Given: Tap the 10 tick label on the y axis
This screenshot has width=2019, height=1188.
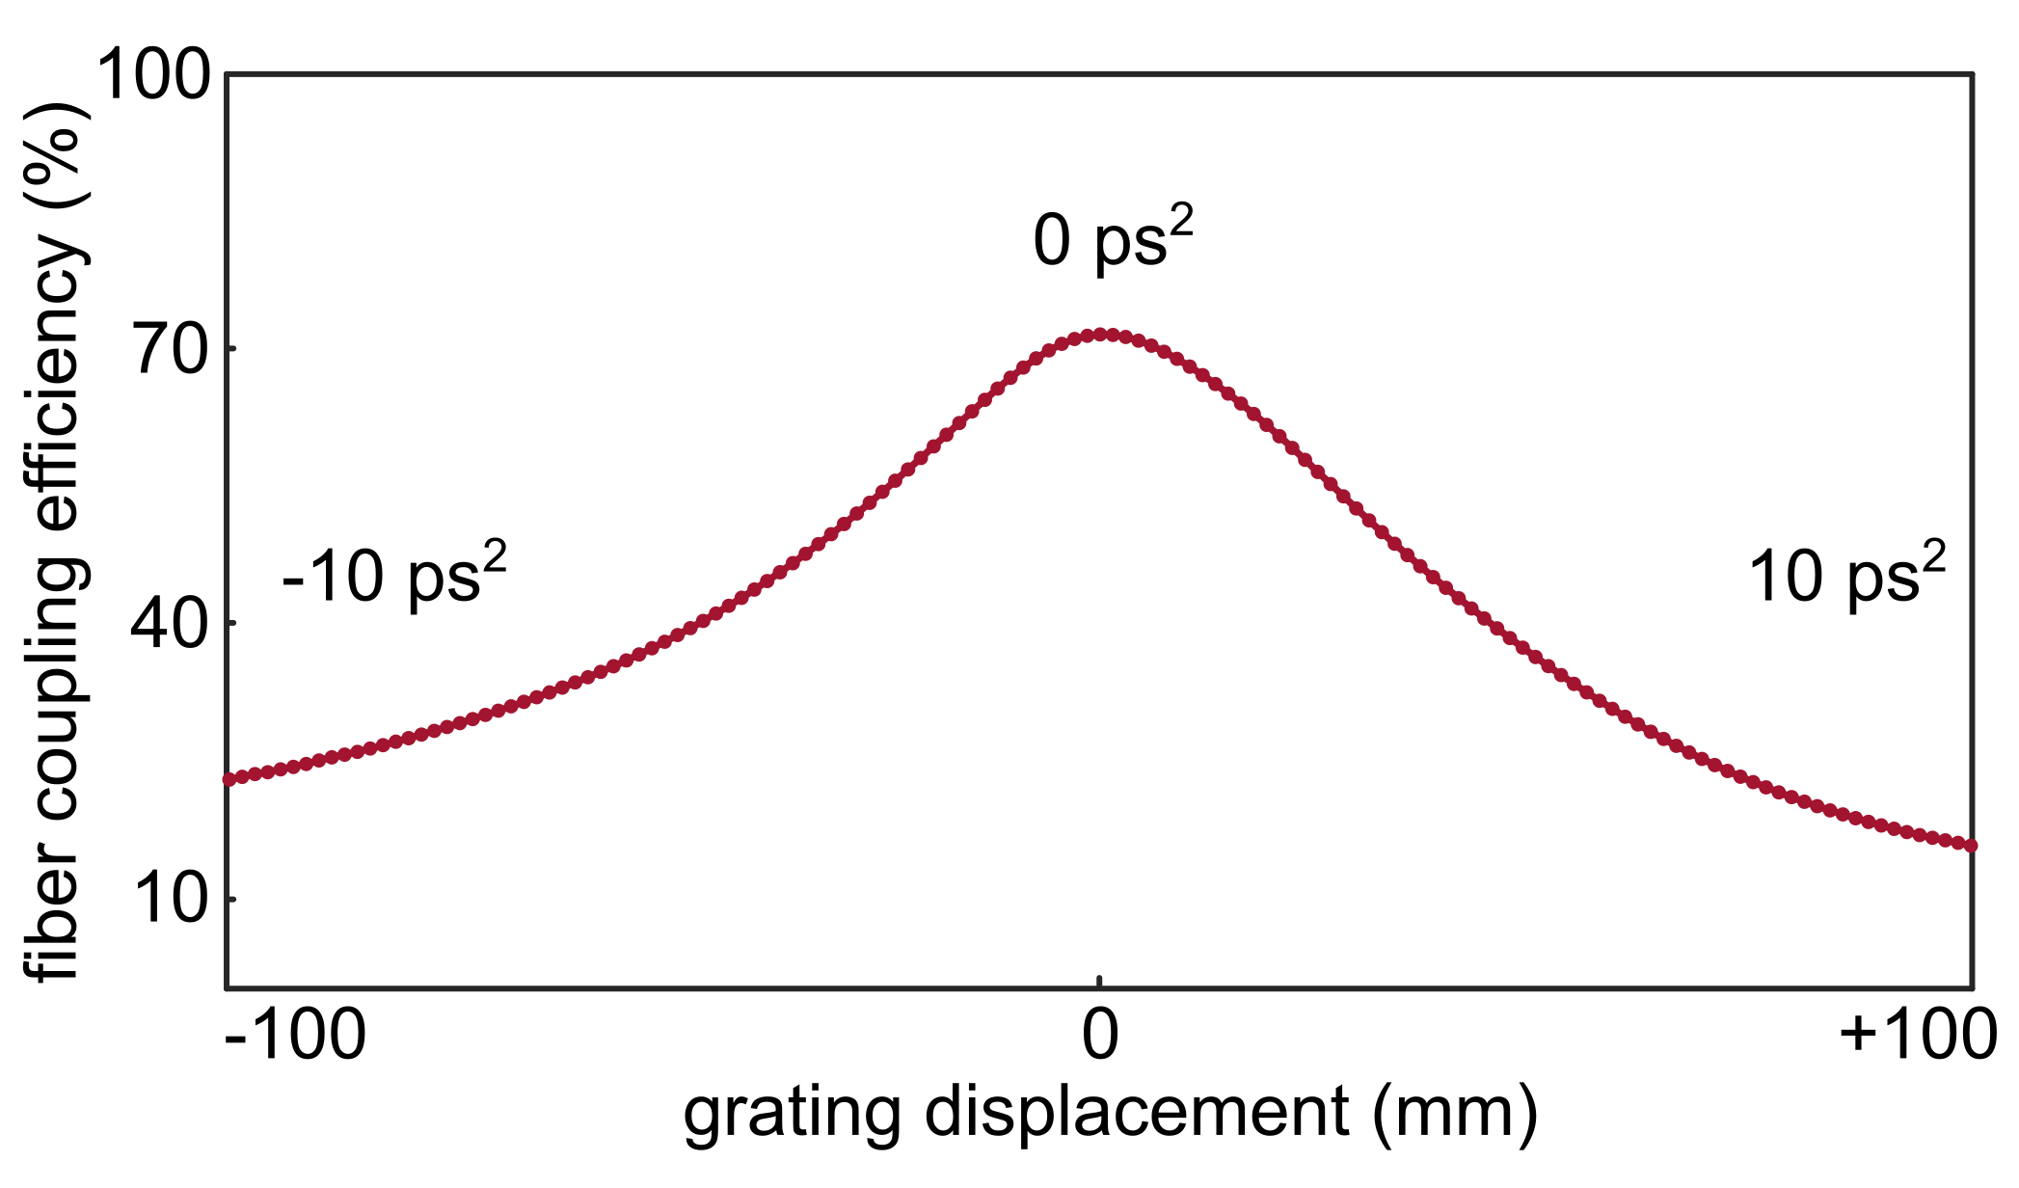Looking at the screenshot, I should [x=171, y=900].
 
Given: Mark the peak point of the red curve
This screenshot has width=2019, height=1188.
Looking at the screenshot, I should [x=1099, y=335].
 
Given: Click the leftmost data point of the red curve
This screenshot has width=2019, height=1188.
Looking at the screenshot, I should [x=229, y=779].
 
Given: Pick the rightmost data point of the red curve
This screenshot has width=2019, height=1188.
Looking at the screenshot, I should [x=1971, y=846].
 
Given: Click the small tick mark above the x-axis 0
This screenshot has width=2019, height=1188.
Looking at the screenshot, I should [x=1099, y=982].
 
